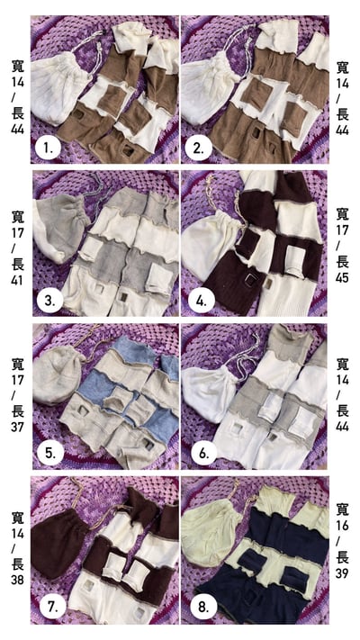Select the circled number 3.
coord(49,301)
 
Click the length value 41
coord(18,281)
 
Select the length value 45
coord(343,278)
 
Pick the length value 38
coord(18,580)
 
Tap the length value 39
coord(343,573)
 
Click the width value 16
coord(343,526)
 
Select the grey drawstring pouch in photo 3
coord(61,226)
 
